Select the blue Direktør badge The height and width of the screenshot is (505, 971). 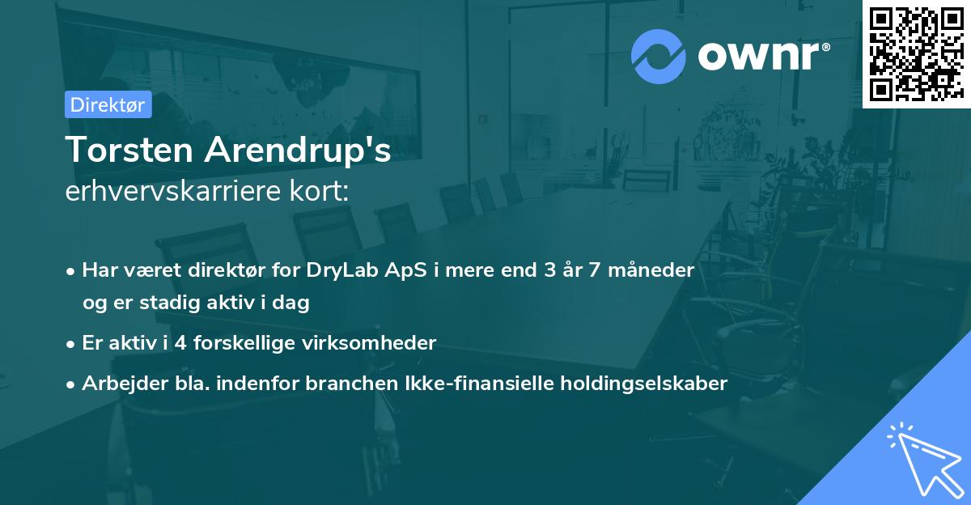[108, 104]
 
